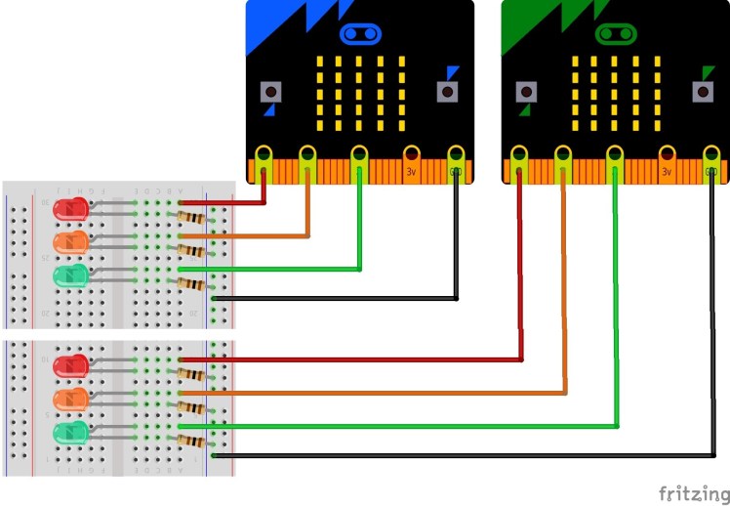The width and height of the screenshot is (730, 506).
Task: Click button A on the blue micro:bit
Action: point(270,92)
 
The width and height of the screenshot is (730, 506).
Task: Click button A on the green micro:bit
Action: point(526,92)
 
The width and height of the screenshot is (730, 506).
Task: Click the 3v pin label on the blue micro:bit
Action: point(412,171)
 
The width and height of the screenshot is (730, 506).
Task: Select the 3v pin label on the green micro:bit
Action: point(668,171)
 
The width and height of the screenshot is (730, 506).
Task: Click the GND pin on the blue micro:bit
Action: point(456,156)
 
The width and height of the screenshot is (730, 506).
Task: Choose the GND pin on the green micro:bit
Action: point(712,156)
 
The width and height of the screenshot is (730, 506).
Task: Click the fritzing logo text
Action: point(693,492)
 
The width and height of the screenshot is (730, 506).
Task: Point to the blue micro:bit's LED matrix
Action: point(358,93)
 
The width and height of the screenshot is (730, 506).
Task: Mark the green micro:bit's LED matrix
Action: point(614,93)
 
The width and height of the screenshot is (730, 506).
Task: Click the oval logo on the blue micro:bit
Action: point(359,35)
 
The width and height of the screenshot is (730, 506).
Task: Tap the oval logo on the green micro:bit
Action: point(615,35)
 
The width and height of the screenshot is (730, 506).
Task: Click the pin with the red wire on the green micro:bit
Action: point(519,156)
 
